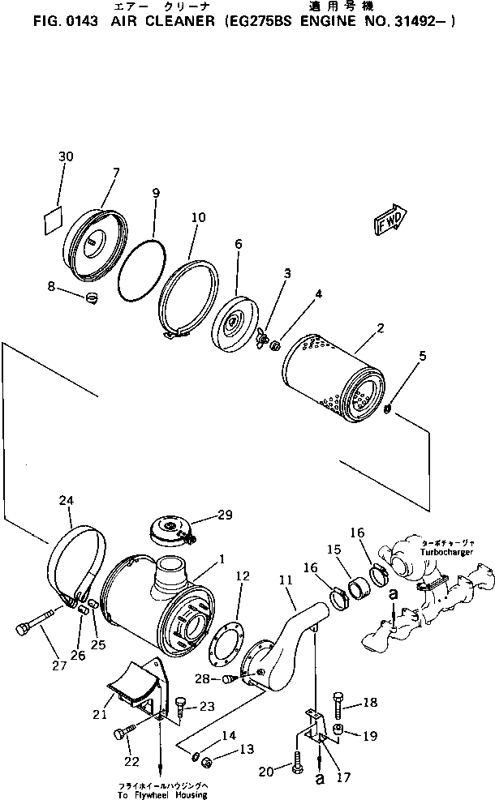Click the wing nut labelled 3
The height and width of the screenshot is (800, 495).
pos(261,336)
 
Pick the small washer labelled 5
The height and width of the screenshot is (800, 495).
pos(388,409)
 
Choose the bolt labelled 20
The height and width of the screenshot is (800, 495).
pos(297,765)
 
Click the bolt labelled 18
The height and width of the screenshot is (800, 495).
pos(339,700)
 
